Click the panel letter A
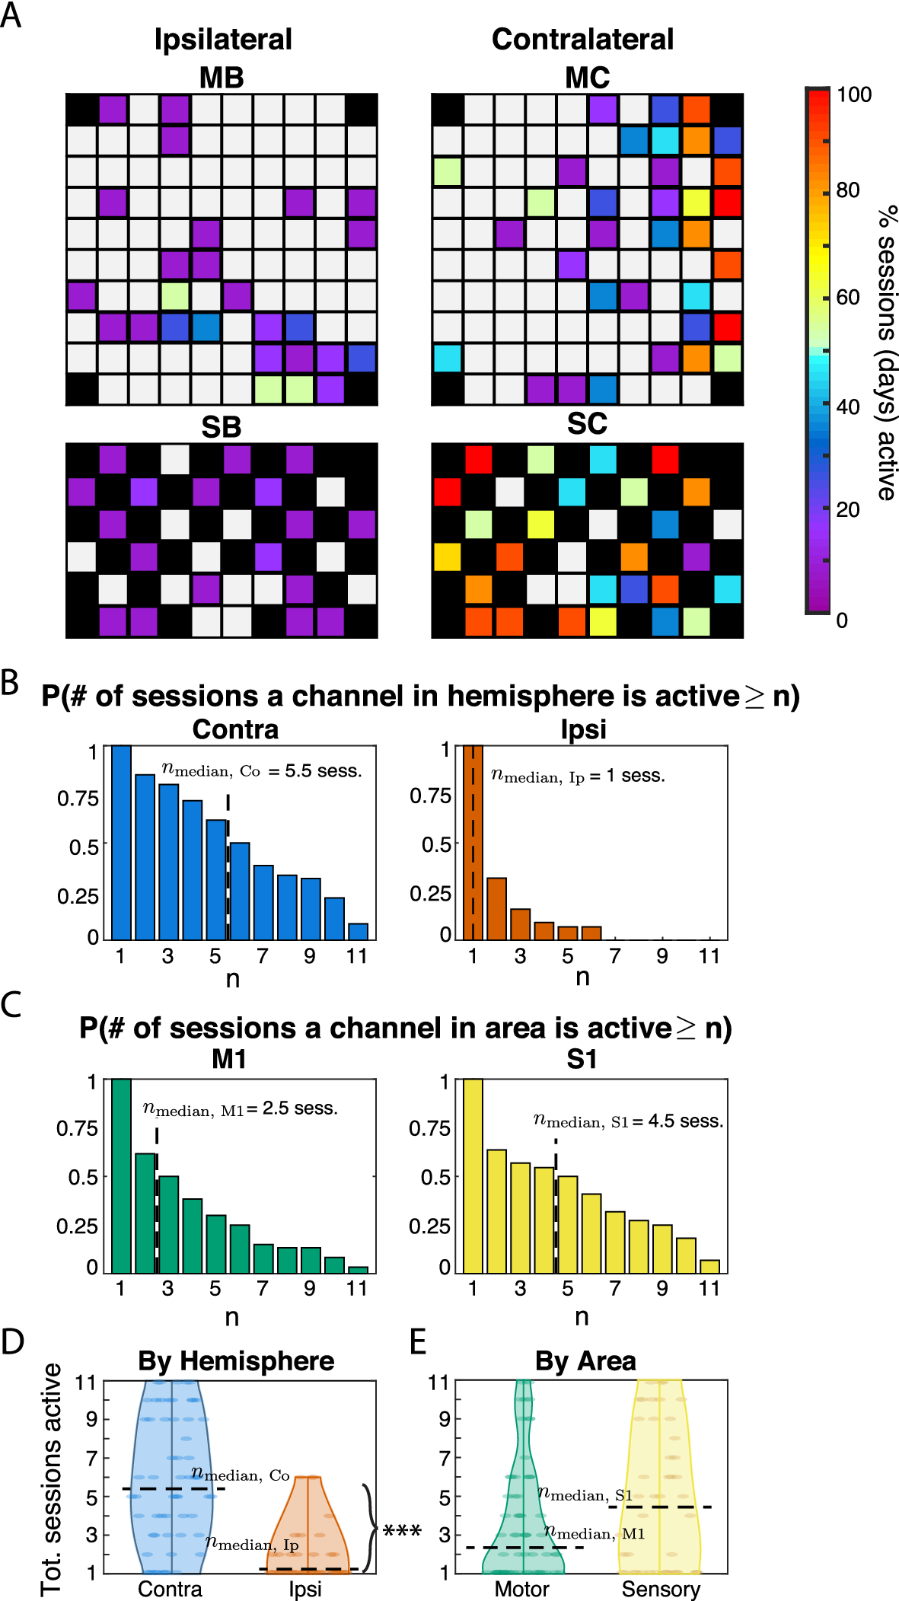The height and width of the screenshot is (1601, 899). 11,15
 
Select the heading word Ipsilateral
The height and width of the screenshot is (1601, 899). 222,40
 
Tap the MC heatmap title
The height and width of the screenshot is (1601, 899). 587,78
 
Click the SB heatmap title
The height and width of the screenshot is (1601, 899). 221,427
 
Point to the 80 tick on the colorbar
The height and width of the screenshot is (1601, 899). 848,190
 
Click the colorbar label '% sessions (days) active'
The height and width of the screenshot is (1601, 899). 886,352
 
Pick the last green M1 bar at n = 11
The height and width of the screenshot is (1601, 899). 358,1269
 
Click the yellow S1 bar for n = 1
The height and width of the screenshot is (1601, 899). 473,1175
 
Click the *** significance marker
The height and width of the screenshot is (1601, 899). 402,1530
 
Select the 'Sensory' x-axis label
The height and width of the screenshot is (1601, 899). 661,1590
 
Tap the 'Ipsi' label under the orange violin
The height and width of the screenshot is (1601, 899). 305,1590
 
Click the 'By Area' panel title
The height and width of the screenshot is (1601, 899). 585,1361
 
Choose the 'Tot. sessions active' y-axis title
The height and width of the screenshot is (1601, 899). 51,1478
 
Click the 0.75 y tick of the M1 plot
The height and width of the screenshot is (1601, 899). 77,1128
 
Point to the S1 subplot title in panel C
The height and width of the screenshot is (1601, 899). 582,1060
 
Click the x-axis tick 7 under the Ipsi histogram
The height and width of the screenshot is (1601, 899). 615,956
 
